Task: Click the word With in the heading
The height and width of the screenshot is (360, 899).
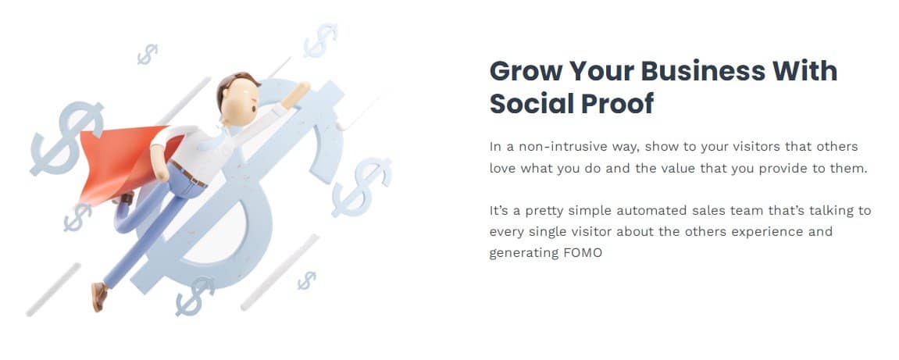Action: pos(805,71)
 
